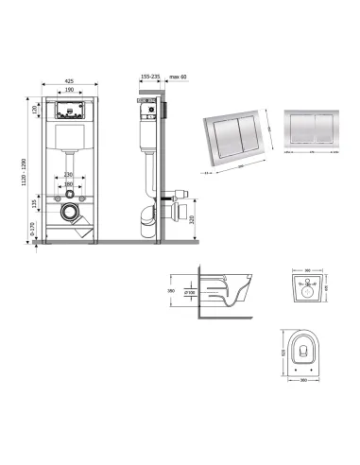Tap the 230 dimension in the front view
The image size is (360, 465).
coord(69,175)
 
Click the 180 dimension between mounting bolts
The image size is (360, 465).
coord(69,183)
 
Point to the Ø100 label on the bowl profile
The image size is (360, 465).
coord(189,292)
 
